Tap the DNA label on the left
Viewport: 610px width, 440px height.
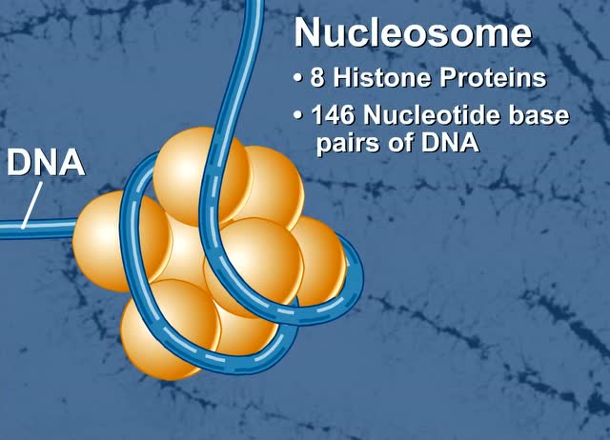[x=46, y=164]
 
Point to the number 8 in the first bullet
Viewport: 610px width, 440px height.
[x=318, y=78]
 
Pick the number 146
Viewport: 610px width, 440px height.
[x=331, y=117]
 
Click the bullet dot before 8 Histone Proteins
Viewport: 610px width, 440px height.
[x=299, y=79]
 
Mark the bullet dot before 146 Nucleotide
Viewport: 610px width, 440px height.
[x=299, y=118]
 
